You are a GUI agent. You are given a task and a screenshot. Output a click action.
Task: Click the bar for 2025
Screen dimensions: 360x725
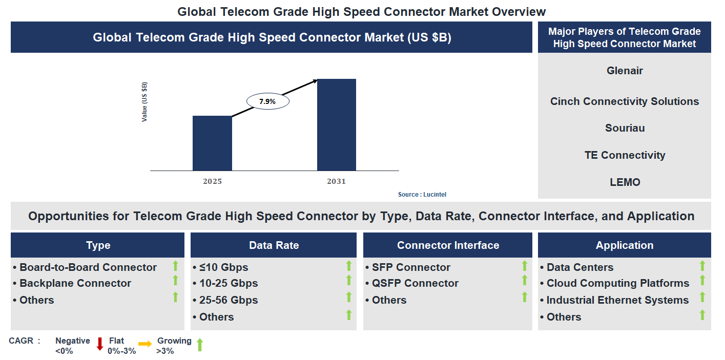[x=212, y=143]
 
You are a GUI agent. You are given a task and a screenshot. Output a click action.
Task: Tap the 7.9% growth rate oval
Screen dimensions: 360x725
[x=267, y=101]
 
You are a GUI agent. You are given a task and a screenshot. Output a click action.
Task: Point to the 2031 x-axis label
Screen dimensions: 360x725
[x=337, y=181]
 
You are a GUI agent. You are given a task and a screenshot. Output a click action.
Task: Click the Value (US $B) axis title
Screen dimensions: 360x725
[x=144, y=102]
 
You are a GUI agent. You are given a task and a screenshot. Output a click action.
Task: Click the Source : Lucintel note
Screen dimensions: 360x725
[x=426, y=195]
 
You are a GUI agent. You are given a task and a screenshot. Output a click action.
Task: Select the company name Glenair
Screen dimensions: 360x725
[x=625, y=71]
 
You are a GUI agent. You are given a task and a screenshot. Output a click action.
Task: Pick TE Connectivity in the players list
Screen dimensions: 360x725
[x=625, y=155]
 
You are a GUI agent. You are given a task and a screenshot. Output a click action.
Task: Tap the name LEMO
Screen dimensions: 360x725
[x=625, y=182]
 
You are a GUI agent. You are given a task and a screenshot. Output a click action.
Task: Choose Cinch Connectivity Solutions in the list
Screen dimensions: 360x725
[x=625, y=101]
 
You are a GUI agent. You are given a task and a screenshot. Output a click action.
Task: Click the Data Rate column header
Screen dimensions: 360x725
[x=274, y=245]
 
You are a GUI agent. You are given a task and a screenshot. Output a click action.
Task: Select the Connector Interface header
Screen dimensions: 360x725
[x=448, y=245]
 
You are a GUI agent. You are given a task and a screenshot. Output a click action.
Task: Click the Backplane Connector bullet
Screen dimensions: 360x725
[x=75, y=283]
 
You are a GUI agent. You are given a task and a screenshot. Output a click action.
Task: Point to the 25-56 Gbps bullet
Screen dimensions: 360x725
[x=229, y=300]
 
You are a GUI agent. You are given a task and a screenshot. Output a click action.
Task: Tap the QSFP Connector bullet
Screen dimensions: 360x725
[x=415, y=283]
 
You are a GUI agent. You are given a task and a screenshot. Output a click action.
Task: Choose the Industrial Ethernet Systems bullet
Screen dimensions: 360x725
[x=617, y=300]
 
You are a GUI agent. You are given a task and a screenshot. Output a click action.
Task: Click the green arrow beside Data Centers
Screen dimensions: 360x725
[x=702, y=266]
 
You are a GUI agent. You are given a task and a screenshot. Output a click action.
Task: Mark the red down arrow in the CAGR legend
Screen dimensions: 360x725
[x=100, y=344]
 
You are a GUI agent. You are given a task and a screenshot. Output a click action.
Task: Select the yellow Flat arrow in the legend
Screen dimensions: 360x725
[x=145, y=344]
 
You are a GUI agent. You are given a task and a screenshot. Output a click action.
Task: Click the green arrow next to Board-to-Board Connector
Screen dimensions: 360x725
[x=175, y=266]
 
